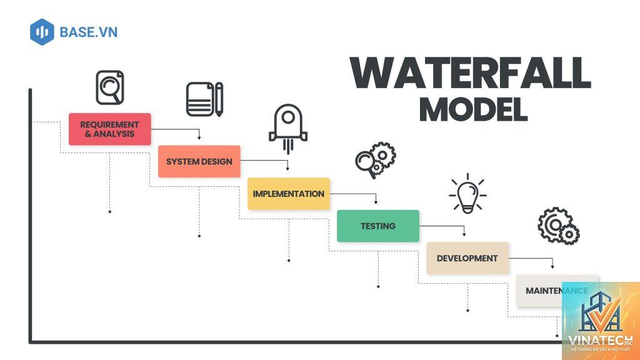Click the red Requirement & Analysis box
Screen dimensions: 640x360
pyautogui.click(x=110, y=129)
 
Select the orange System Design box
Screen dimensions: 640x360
pyautogui.click(x=199, y=161)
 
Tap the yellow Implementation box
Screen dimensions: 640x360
pyautogui.click(x=289, y=194)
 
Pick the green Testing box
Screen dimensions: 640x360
pyautogui.click(x=378, y=226)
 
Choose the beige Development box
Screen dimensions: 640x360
pyautogui.click(x=467, y=258)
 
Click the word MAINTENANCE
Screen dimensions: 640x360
pyautogui.click(x=557, y=291)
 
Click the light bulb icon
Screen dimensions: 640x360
pyautogui.click(x=467, y=194)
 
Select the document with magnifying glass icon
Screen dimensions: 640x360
pyautogui.click(x=110, y=87)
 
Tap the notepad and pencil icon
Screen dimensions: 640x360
pyautogui.click(x=205, y=99)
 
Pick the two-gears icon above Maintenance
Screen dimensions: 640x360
pyautogui.click(x=558, y=226)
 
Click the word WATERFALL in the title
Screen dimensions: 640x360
pyautogui.click(x=471, y=73)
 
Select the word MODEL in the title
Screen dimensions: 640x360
pyautogui.click(x=474, y=109)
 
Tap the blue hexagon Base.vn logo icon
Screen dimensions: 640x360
pyautogui.click(x=42, y=32)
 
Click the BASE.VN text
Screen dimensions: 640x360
pyautogui.click(x=89, y=32)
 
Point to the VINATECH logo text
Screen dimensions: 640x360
pyautogui.click(x=600, y=341)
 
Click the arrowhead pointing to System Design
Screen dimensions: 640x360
pyautogui.click(x=199, y=138)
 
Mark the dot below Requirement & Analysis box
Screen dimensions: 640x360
pyautogui.click(x=110, y=211)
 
